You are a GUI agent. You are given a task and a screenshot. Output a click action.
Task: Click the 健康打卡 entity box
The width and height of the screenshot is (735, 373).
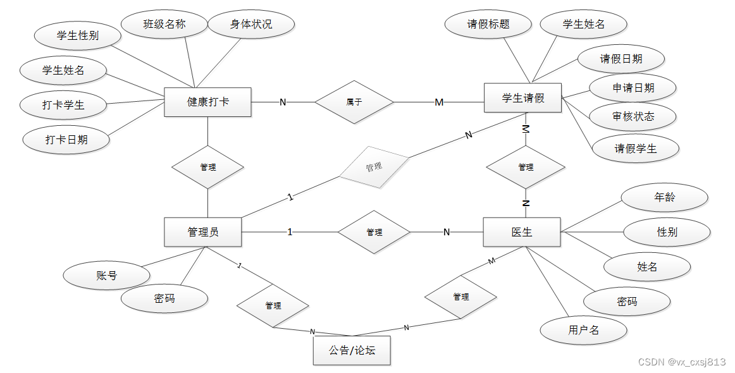click(x=207, y=102)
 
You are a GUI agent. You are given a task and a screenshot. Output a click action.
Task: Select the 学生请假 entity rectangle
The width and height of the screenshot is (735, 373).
click(x=522, y=98)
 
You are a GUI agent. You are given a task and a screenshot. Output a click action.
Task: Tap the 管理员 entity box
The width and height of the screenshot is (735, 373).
click(x=202, y=232)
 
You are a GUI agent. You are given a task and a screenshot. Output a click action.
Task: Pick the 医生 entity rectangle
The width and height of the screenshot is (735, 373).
click(x=521, y=232)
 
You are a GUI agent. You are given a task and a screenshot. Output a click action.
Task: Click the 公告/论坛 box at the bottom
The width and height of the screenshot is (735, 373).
click(x=352, y=350)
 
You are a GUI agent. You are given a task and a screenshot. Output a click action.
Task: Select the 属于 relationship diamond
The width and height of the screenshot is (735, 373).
click(x=354, y=102)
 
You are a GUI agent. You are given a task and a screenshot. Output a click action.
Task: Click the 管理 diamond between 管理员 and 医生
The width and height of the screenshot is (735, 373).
click(x=374, y=232)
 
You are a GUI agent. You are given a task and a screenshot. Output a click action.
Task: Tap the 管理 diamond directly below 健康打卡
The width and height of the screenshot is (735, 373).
click(x=207, y=167)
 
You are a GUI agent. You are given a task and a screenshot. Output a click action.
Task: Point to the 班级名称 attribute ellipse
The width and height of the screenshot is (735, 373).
click(x=164, y=25)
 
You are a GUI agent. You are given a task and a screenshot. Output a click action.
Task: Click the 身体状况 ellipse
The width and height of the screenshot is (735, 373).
click(x=251, y=25)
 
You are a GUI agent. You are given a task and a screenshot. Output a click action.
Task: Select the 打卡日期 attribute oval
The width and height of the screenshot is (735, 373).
click(x=66, y=140)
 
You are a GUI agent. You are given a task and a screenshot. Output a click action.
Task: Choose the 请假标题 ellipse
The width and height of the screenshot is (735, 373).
click(x=488, y=25)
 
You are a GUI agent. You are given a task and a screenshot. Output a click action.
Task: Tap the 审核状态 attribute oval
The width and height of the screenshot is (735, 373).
click(x=633, y=116)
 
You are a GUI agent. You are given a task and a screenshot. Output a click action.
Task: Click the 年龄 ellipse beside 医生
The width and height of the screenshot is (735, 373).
click(x=664, y=197)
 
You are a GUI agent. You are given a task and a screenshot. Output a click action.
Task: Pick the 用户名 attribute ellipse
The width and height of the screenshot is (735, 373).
click(x=583, y=330)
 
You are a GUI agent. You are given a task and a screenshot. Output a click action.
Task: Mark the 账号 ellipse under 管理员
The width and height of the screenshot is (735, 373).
click(x=106, y=276)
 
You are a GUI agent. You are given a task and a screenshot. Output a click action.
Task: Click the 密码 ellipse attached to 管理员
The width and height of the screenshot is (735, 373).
click(x=164, y=298)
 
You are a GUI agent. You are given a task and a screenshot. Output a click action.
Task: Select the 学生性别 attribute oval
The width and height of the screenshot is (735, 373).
click(x=77, y=36)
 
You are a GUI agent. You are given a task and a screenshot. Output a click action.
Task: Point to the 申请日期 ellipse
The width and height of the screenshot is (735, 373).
click(x=633, y=88)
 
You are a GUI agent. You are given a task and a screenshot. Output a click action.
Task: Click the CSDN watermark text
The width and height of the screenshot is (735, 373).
click(x=681, y=362)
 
